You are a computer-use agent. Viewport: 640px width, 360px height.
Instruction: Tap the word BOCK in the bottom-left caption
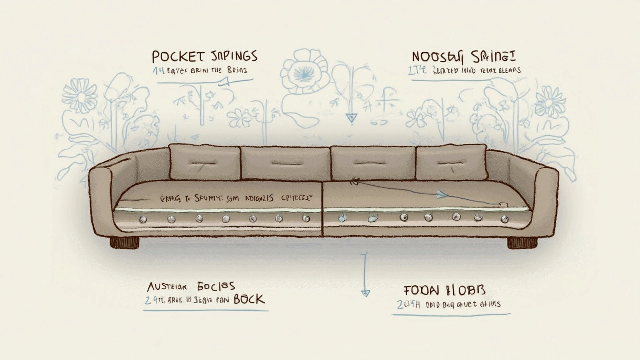point(249,299)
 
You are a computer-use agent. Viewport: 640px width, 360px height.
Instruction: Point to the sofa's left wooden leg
point(124,243)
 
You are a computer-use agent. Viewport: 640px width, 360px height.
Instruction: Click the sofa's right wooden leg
point(522,243)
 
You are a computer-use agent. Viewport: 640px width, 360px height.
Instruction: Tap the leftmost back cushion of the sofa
point(205,162)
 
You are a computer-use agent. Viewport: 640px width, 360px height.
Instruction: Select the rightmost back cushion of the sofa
point(451,162)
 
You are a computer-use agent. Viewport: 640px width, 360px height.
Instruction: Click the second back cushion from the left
point(285,163)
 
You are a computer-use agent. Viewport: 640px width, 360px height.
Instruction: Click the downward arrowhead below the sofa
point(365,292)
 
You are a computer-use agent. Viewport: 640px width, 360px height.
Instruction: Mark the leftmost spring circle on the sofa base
point(143,219)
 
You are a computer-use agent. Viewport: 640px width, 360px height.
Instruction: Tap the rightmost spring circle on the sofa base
point(504,219)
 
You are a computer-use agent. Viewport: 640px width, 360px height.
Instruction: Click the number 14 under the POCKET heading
point(158,71)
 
